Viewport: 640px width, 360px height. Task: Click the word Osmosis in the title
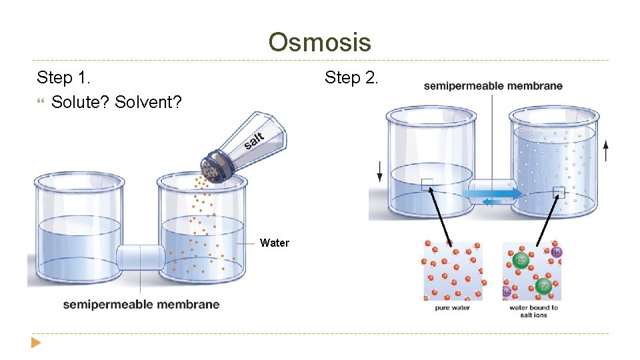319,43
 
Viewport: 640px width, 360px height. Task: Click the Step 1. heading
63,78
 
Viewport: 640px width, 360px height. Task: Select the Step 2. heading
351,78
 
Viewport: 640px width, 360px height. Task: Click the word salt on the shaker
254,141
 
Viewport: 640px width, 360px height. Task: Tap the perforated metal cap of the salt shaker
215,166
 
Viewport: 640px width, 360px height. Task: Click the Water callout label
275,243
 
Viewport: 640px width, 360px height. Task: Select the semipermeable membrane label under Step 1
141,305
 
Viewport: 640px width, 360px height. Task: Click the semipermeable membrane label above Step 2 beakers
493,85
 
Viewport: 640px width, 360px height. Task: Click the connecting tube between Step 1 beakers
140,257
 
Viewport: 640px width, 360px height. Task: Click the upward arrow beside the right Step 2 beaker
605,151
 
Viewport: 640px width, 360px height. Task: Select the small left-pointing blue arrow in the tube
493,201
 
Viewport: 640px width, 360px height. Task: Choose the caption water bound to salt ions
533,311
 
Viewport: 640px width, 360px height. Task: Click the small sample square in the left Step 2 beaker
427,185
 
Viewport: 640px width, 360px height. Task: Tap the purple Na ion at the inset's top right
556,251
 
